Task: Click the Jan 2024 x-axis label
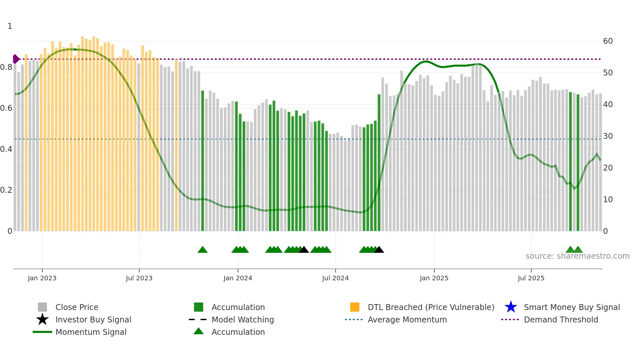(238, 278)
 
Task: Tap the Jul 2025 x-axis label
(531, 278)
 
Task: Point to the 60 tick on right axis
(608, 41)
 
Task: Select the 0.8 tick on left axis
(6, 67)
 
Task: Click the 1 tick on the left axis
(10, 26)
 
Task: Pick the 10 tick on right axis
(608, 199)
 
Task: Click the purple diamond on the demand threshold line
(16, 59)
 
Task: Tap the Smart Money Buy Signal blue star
(511, 307)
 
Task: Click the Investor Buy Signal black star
(42, 319)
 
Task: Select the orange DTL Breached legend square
(355, 307)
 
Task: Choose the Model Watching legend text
(243, 319)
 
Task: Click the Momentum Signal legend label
(91, 332)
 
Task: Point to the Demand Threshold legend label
(561, 319)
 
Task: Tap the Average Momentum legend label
(407, 319)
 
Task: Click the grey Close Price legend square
(42, 307)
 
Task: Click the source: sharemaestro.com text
(577, 256)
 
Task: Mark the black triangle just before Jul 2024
(304, 250)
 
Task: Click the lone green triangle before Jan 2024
(202, 250)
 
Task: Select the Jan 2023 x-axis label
(42, 278)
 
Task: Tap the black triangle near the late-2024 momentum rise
(379, 250)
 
